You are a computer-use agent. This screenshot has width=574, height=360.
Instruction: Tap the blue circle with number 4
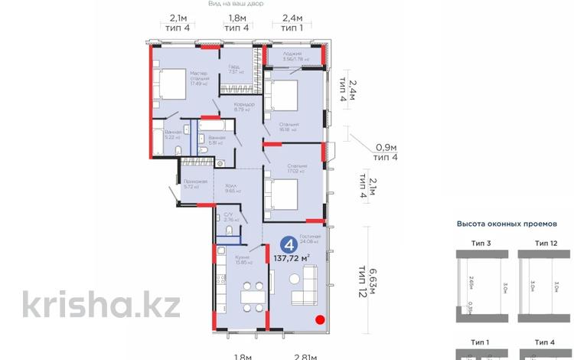[x=289, y=245]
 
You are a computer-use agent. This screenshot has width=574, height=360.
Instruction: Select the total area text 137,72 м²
[x=292, y=258]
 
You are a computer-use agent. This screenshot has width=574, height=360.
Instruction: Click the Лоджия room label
[x=291, y=54]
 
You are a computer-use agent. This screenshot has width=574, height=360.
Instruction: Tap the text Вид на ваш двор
[x=235, y=4]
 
